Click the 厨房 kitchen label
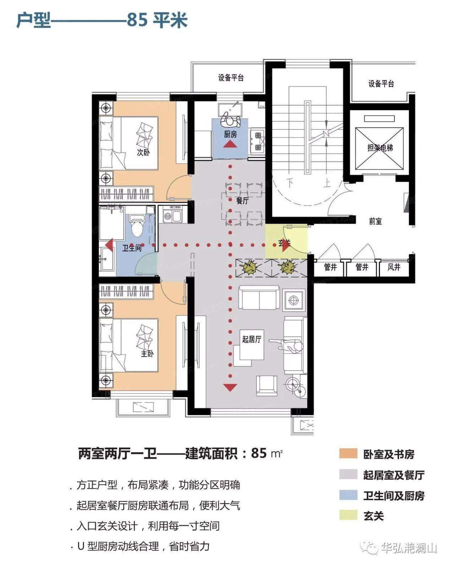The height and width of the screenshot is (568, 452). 230,134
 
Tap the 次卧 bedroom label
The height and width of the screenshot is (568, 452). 143,152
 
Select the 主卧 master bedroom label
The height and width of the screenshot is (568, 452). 147,354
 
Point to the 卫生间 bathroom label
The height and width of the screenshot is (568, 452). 132,248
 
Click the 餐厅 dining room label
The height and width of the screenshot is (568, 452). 242,201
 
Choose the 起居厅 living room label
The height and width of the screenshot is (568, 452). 252,339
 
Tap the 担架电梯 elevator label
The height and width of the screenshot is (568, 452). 380,147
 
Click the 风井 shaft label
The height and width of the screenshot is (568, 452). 394,267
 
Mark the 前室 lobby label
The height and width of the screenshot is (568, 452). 375,221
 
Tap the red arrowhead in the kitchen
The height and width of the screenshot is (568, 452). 230,144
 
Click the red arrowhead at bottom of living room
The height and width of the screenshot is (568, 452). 230,387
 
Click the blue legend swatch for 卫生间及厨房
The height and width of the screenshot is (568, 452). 348,495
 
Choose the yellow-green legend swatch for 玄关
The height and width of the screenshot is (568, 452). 348,515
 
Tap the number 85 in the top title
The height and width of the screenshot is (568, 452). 137,20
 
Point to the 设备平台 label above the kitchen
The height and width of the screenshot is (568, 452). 231,78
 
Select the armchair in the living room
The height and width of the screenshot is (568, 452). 267,386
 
